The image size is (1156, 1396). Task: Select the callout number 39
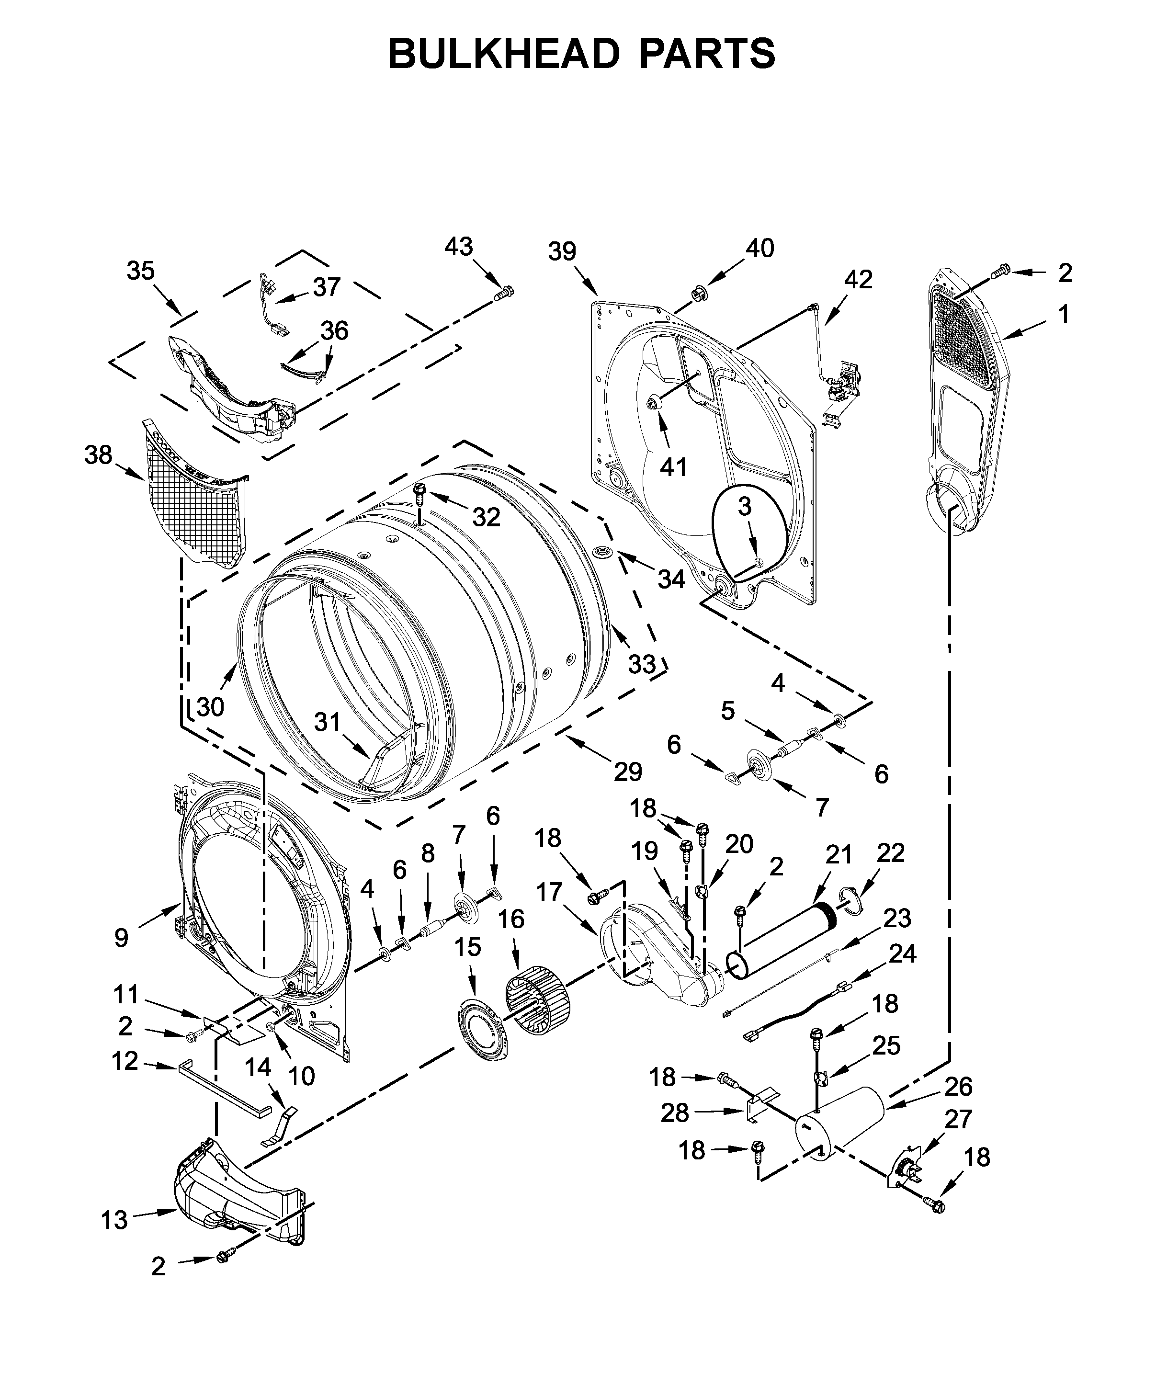click(x=562, y=252)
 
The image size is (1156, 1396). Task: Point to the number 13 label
click(x=114, y=1221)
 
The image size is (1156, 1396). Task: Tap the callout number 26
click(x=958, y=1086)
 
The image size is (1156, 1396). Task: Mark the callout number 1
click(x=1064, y=315)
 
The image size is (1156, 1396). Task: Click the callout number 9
click(x=121, y=938)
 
